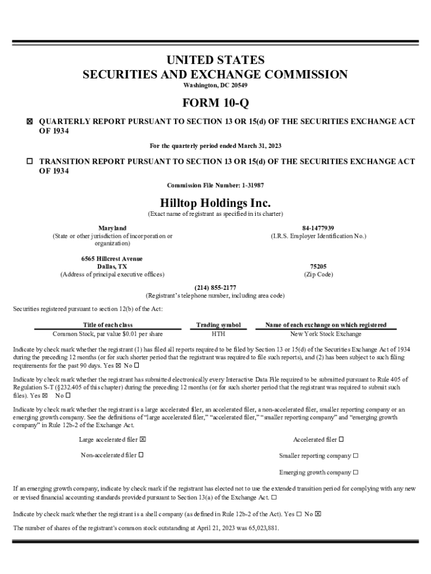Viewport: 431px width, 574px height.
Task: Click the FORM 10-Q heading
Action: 215,104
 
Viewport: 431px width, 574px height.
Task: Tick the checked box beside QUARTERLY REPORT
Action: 30,122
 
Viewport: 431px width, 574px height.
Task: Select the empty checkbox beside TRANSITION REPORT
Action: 30,161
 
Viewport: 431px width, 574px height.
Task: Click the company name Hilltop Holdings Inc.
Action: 215,202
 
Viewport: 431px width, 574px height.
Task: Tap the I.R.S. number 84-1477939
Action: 318,228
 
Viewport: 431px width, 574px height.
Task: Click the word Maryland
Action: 113,228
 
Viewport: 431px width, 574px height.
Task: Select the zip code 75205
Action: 318,267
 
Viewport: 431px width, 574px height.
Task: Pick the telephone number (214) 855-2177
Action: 215,288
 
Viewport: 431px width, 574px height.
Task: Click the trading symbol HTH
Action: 218,334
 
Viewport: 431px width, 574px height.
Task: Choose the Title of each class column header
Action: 108,325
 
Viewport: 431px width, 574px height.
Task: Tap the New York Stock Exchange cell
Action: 326,334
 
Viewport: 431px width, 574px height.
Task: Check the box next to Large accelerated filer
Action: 143,439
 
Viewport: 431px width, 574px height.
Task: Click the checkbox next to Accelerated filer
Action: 341,439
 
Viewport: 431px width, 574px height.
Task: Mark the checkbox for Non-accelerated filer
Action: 141,455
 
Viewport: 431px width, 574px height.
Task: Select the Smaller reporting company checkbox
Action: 356,456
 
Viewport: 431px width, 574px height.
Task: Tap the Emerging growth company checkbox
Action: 356,472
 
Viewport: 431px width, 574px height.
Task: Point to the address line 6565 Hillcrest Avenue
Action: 112,259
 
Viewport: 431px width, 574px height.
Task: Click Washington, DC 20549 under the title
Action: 215,85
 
